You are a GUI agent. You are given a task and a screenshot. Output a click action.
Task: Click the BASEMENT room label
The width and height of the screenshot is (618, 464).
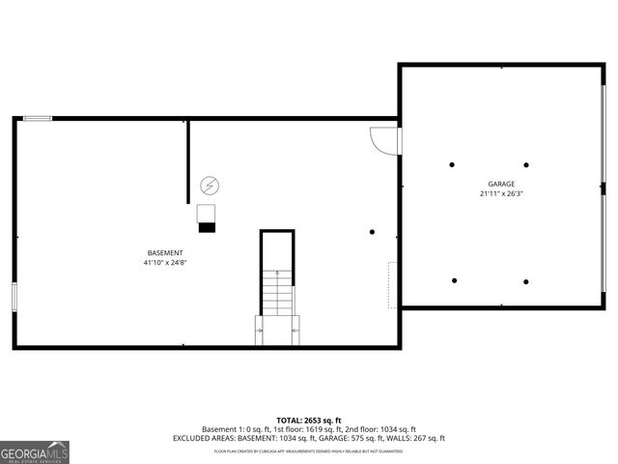163,253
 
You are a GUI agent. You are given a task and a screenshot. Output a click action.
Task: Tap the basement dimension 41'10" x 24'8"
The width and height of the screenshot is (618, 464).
163,262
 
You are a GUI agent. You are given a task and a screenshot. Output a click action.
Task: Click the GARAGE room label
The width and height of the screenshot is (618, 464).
500,184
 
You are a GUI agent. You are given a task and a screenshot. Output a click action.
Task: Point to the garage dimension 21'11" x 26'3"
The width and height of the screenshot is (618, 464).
500,193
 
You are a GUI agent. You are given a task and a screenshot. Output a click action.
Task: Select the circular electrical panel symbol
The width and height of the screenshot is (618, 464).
209,185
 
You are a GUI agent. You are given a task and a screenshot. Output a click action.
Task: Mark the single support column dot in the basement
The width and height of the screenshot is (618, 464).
373,232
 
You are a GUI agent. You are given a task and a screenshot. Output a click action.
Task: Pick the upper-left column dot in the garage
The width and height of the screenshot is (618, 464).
452,164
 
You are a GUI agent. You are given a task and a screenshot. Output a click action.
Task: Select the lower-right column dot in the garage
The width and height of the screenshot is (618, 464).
526,281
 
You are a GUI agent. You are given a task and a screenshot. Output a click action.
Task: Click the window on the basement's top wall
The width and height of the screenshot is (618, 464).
38,119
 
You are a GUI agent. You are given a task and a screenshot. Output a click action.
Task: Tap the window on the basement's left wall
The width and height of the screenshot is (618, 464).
14,296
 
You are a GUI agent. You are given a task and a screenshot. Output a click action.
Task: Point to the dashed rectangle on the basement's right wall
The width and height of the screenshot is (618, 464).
392,285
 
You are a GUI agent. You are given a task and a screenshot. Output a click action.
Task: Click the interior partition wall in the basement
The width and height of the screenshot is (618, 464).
188,161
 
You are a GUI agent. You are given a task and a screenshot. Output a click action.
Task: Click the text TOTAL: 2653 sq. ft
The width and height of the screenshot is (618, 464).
308,420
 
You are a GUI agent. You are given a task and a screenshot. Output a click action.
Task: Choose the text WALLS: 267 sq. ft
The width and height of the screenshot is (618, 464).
417,438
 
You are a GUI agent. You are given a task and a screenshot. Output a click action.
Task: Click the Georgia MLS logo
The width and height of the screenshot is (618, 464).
35,451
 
